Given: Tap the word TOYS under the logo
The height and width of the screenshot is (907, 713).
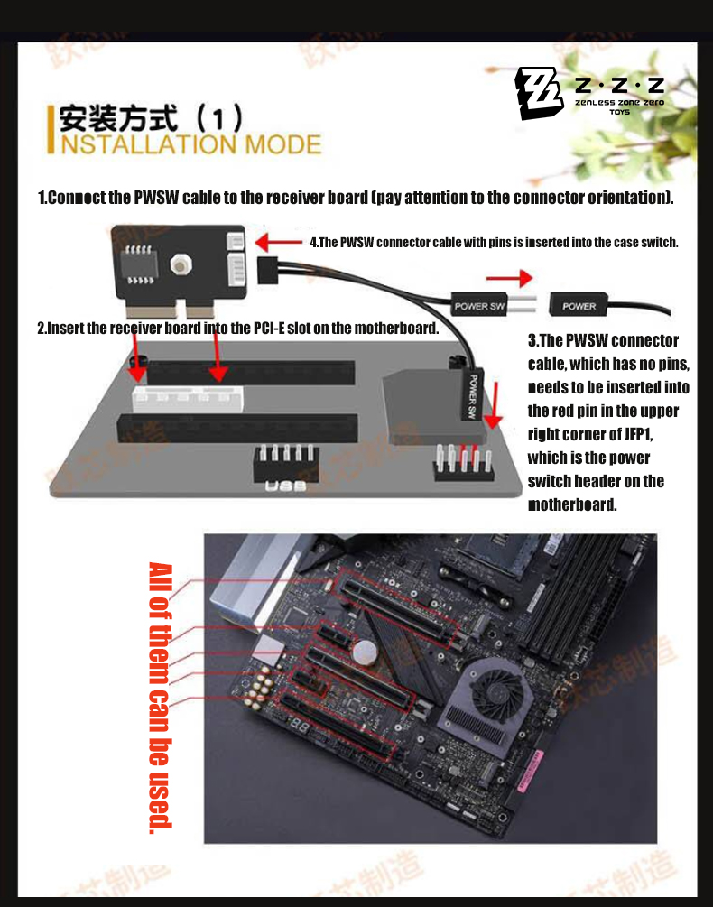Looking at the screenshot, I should pos(619,113).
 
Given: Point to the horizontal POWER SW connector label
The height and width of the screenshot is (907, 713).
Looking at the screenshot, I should pos(479,306).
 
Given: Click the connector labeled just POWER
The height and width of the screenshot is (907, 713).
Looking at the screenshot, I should pos(579,306).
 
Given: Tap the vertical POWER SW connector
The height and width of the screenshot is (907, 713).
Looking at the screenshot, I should pos(472,394).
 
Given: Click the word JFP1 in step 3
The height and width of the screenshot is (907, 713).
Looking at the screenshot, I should pos(637,434).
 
